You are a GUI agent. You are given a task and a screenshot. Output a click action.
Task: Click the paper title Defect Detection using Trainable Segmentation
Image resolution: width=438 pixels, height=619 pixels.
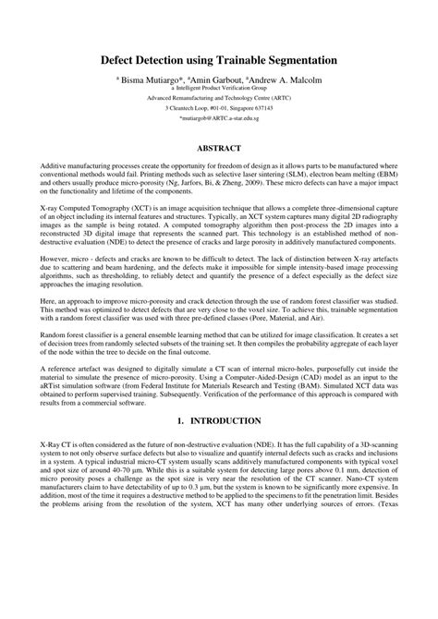click(x=218, y=60)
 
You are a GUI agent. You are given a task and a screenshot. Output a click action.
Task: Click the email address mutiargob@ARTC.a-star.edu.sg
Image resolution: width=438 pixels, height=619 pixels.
click(x=218, y=120)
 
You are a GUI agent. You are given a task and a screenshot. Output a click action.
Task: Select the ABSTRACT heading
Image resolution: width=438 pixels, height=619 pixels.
click(x=219, y=148)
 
